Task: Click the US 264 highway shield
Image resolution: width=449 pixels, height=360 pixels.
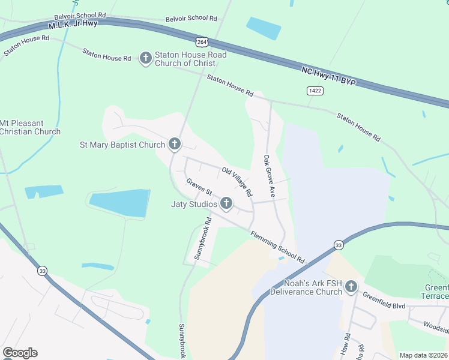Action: tap(202, 41)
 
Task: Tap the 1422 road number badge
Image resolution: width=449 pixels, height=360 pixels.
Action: tap(315, 90)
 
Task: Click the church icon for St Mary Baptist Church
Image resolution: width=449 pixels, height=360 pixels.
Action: tap(174, 144)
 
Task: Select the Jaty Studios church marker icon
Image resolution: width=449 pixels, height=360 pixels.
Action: tap(226, 204)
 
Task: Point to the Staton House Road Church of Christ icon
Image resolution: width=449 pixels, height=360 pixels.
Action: tap(145, 58)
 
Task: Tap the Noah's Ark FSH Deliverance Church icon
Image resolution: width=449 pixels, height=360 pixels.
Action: tap(351, 287)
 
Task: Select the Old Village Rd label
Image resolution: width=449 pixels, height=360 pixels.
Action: tap(237, 182)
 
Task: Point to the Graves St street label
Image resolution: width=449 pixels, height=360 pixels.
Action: tap(199, 187)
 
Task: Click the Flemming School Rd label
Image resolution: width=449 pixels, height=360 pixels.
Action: tap(277, 247)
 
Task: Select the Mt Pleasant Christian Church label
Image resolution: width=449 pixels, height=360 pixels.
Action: tap(30, 127)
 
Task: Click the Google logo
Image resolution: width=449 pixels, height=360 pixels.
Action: tap(20, 353)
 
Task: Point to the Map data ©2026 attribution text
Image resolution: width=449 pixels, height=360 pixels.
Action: tap(423, 355)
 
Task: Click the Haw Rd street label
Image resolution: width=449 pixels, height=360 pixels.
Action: tap(346, 343)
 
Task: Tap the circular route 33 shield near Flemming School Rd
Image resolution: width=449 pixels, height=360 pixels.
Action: tap(339, 245)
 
